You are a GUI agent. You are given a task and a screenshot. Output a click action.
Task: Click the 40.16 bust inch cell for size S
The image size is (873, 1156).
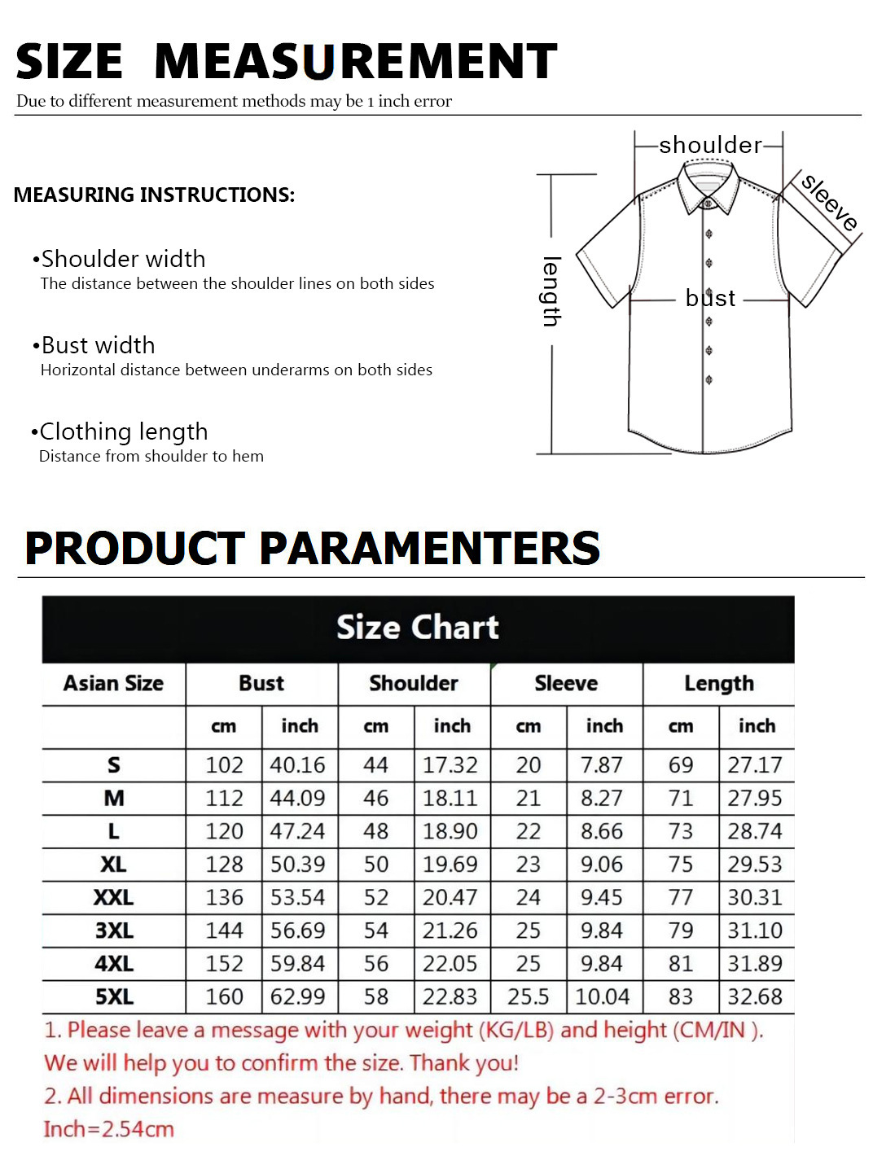tap(297, 765)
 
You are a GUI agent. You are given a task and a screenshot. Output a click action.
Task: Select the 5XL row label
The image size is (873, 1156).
tap(114, 996)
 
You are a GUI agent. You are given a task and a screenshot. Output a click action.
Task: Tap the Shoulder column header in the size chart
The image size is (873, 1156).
tap(414, 683)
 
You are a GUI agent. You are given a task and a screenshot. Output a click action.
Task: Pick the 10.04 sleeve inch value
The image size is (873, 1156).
tap(603, 996)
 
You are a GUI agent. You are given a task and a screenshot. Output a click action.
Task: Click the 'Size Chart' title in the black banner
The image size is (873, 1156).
tap(418, 628)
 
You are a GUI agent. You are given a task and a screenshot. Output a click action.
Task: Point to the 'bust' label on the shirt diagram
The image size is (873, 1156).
tap(710, 298)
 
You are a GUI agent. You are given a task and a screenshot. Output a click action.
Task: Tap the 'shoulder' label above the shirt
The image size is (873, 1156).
tap(710, 145)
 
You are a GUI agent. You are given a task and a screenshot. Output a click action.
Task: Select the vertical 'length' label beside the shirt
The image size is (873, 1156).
tap(551, 291)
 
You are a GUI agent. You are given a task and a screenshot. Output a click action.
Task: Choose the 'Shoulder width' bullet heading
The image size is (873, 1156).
tap(123, 259)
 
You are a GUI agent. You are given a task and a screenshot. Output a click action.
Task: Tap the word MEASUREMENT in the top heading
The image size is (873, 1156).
tap(356, 62)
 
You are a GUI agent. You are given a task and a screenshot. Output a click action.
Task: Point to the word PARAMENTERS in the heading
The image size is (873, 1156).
tap(430, 548)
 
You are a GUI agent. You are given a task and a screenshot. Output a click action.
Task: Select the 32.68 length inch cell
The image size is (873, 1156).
tap(755, 996)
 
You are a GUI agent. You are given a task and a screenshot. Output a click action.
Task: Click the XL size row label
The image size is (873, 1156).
tap(114, 865)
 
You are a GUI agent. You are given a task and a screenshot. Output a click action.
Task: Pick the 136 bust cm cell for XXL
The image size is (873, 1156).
tap(224, 897)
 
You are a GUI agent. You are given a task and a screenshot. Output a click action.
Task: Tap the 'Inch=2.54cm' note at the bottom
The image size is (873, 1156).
tap(109, 1129)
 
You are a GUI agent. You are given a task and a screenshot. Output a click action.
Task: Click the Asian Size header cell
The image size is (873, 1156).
tap(114, 683)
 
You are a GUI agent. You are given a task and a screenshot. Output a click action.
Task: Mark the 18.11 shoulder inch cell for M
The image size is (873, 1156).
tap(450, 799)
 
